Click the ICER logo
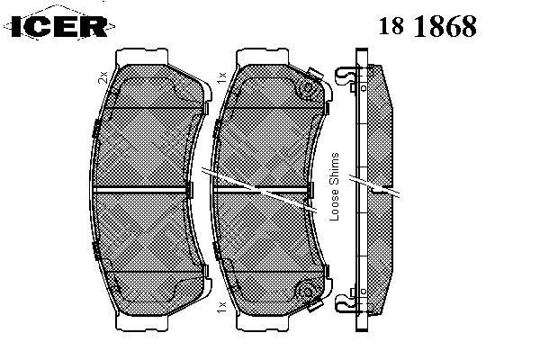[59, 26]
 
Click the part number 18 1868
[427, 26]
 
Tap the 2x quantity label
[103, 77]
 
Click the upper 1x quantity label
[221, 77]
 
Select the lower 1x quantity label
[221, 307]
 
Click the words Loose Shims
[335, 186]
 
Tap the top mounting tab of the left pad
[142, 56]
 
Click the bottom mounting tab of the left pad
[142, 323]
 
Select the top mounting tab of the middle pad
[263, 56]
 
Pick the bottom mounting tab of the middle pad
[263, 323]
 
